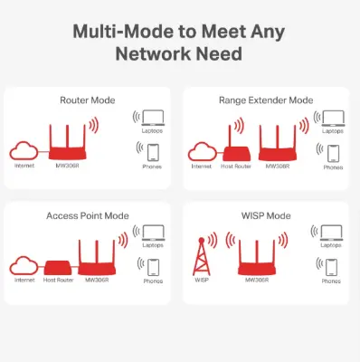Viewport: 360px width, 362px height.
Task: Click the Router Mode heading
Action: [88, 100]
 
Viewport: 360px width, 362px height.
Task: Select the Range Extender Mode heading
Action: [267, 100]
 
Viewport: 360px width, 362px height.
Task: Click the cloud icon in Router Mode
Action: [24, 150]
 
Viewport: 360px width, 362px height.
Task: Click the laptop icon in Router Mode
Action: [151, 118]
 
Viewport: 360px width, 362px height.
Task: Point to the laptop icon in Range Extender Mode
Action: [331, 118]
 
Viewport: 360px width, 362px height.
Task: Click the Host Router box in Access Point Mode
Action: [57, 267]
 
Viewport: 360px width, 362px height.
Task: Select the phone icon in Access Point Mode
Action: [152, 267]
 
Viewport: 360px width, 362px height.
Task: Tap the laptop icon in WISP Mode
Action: [331, 234]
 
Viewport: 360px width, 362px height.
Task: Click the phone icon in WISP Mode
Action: [332, 267]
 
